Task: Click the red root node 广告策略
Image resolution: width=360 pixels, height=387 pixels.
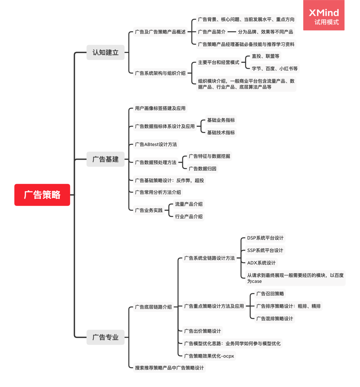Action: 42,195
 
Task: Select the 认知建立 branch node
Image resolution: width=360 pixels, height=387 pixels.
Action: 105,52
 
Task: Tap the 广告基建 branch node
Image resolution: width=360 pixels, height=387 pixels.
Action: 105,159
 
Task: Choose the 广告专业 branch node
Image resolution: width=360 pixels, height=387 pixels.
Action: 105,337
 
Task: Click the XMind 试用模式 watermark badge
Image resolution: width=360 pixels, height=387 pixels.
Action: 323,16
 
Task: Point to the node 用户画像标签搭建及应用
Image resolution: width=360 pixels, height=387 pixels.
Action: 160,108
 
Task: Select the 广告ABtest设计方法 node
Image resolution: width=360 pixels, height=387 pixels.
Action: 156,144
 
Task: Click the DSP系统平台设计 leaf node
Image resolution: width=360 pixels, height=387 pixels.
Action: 265,238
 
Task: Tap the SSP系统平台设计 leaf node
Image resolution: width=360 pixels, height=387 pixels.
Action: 265,250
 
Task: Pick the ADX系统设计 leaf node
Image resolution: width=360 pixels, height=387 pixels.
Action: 261,263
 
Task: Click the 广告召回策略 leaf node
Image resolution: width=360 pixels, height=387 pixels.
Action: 270,294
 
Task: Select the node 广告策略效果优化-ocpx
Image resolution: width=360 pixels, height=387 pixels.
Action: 209,356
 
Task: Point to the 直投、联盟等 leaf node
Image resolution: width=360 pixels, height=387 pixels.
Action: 265,56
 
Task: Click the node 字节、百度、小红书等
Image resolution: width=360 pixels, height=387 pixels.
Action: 274,68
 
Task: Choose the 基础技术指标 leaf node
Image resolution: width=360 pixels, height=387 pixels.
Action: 221,132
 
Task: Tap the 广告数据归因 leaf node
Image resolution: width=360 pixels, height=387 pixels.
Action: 202,169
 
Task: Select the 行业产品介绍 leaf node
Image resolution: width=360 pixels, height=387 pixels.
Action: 189,216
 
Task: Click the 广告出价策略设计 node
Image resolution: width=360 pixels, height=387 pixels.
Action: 202,331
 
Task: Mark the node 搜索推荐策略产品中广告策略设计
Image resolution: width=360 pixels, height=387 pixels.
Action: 169,368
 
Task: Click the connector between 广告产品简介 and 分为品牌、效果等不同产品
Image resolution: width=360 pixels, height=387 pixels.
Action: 232,32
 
